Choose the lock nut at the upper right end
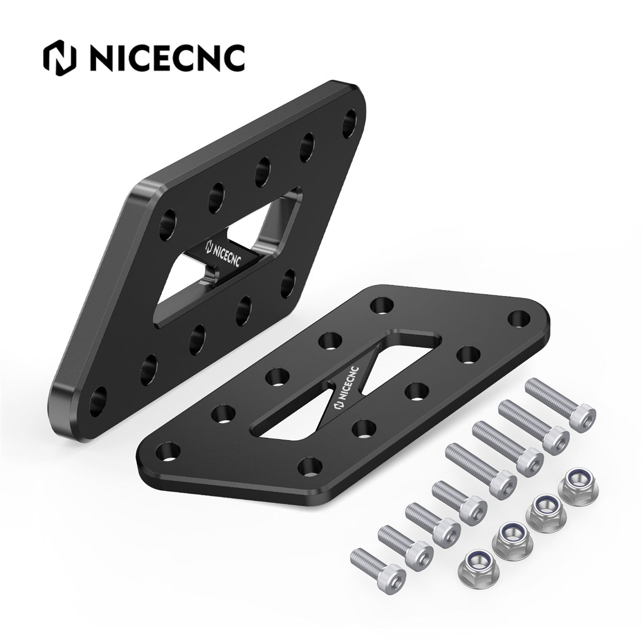pyautogui.click(x=576, y=478)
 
